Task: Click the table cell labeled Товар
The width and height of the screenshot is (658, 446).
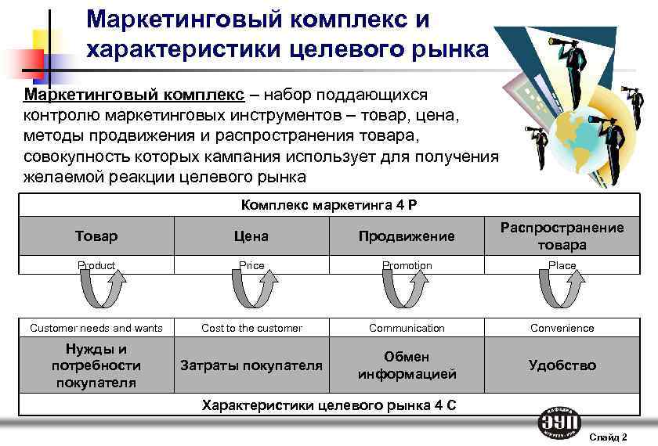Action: coord(96,236)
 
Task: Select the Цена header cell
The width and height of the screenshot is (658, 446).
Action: coord(251,236)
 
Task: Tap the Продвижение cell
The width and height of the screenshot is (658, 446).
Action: coord(407,236)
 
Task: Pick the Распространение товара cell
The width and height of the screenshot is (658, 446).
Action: coord(562,236)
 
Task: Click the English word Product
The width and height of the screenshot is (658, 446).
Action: coord(96,266)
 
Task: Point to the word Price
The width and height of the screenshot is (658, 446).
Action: coord(251,266)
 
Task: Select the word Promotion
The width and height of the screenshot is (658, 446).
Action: coord(407,266)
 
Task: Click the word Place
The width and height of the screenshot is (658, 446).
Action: coord(562,266)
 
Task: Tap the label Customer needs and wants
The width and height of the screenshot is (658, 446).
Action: coord(96,328)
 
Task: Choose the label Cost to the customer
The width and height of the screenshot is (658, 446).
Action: coord(251,328)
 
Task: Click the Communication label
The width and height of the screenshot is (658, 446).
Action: coord(407,328)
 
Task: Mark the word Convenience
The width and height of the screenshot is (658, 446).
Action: coord(562,328)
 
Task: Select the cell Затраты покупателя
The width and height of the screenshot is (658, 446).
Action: coord(251,365)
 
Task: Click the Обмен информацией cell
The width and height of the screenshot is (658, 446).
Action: coord(407,365)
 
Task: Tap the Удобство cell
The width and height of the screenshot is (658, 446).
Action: coord(562,365)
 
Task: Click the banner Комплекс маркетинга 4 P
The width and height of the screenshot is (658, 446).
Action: coord(329,206)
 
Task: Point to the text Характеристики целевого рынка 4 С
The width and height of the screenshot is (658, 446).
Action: coord(329,405)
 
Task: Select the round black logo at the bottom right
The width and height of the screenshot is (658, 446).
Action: coord(559,423)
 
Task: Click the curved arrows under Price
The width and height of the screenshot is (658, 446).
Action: coord(251,292)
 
